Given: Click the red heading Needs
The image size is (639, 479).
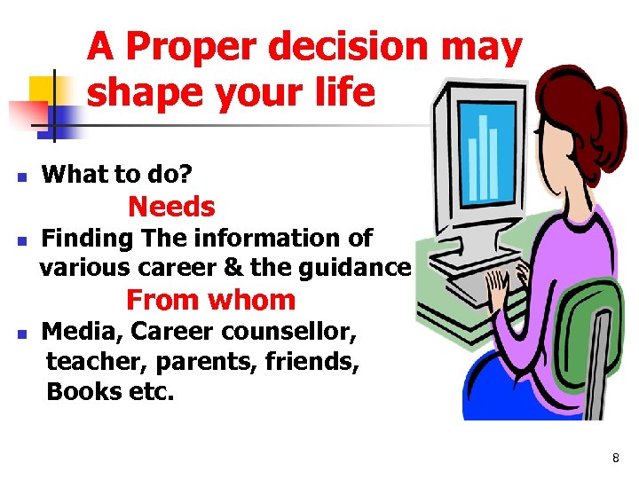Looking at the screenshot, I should coord(171,207).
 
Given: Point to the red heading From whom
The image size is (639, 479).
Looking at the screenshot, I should coord(210,300).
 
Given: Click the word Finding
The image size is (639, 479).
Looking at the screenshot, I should coord(88,239).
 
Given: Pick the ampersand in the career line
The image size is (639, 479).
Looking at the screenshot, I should coord(230,266).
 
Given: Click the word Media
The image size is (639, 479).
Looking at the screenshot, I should coord(83,333).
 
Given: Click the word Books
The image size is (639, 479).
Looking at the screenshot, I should coord(83,391).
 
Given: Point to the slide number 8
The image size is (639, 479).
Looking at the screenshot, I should coord(615,458).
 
